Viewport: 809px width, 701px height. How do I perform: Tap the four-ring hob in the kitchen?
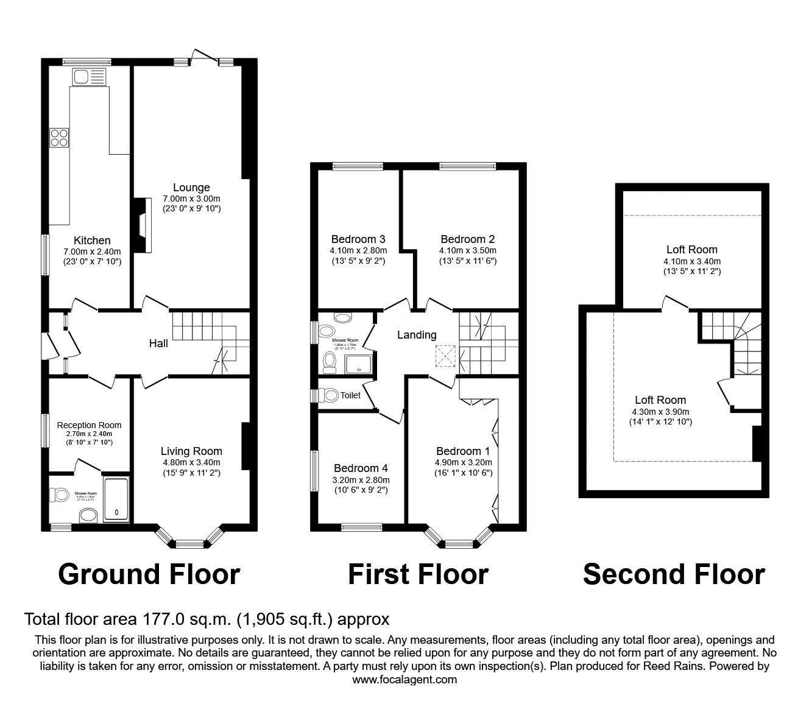point(60,138)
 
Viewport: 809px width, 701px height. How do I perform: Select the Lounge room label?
point(191,188)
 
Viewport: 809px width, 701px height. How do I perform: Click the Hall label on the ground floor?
point(158,343)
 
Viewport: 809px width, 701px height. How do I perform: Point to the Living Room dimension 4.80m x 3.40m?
point(191,462)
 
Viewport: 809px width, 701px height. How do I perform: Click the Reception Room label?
point(89,425)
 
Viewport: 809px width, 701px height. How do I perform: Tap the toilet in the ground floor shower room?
point(60,495)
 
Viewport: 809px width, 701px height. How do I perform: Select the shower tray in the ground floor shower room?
point(116,499)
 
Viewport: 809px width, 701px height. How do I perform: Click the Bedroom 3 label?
point(358,239)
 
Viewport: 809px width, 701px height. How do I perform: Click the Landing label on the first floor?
point(417,334)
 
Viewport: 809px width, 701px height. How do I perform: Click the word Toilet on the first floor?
point(350,395)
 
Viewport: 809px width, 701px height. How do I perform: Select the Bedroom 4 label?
point(361,468)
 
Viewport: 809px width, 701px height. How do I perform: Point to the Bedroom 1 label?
point(463,451)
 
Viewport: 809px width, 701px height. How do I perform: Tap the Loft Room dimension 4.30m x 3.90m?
point(660,412)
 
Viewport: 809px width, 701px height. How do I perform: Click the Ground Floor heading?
point(149,574)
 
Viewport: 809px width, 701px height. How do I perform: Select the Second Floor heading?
point(674,574)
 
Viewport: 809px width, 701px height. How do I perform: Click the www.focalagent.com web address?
point(404,679)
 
